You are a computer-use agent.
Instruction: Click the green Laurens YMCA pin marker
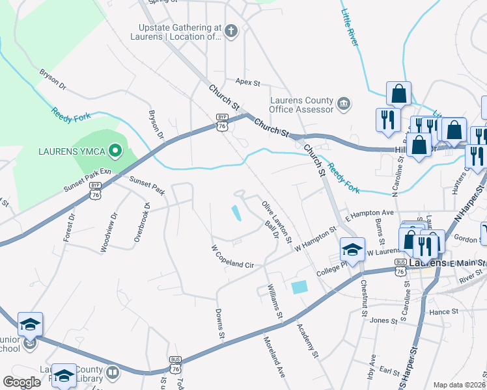(115, 151)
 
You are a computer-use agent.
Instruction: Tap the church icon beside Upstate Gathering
(230, 30)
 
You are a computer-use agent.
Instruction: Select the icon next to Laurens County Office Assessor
(344, 103)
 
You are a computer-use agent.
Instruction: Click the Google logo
(22, 382)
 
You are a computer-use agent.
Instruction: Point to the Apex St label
(247, 83)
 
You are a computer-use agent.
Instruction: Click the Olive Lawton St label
(277, 222)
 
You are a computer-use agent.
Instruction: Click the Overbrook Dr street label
(143, 223)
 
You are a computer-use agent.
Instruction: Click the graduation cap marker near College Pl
(352, 249)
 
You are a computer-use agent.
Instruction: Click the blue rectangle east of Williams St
(299, 287)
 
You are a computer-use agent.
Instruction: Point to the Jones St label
(383, 320)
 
